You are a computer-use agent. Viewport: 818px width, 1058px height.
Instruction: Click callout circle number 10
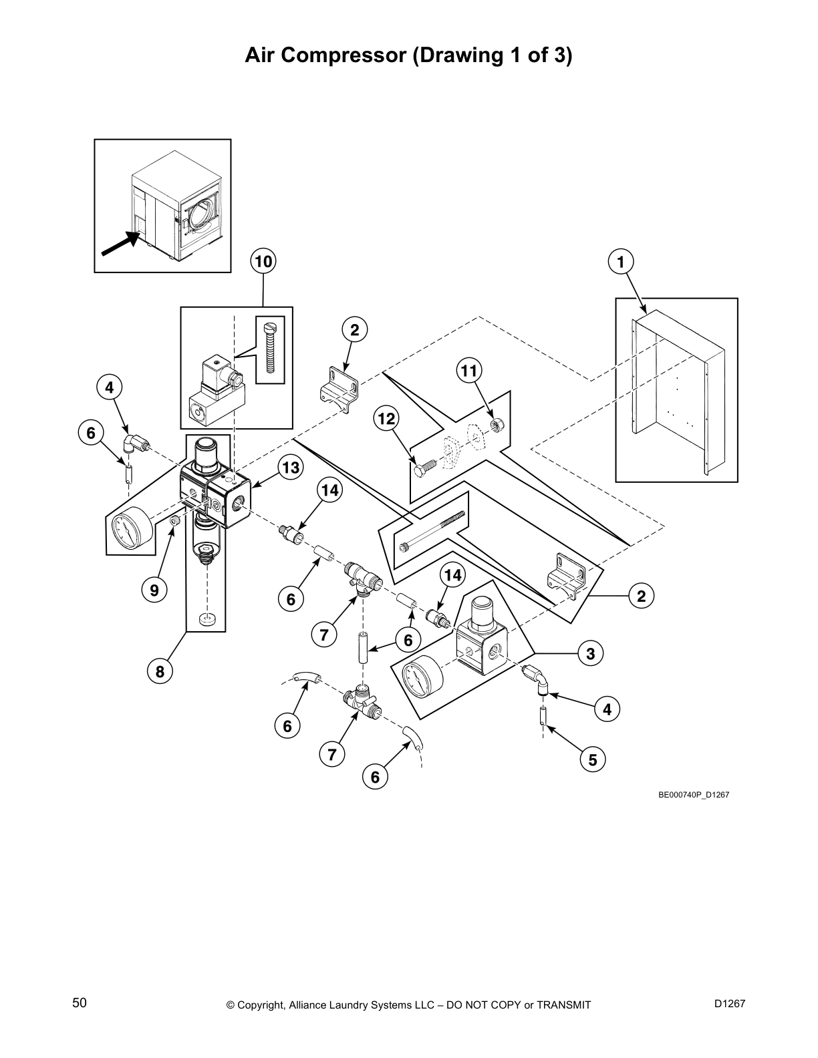coord(263,261)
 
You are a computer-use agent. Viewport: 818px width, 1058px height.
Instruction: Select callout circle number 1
coord(621,261)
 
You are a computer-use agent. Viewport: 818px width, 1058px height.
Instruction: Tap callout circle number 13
coord(291,468)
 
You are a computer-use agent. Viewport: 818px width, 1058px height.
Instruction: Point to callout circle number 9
coord(154,590)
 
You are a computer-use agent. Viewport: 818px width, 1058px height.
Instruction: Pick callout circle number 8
coord(160,671)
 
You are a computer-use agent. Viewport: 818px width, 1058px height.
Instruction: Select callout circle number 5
coord(593,759)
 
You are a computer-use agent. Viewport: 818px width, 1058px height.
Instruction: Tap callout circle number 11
coord(470,371)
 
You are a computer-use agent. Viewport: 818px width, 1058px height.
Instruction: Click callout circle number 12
coord(386,419)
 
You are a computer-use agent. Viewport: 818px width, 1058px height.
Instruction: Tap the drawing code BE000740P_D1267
coord(693,794)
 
